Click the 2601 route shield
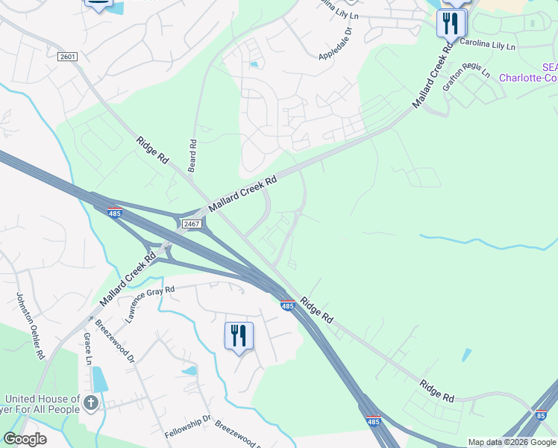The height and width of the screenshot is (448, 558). [67, 57]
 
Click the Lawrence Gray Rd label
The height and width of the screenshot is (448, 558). [150, 303]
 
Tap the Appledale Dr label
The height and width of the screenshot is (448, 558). [334, 46]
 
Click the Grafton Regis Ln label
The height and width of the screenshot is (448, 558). [466, 80]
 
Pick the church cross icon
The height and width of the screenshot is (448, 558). [91, 404]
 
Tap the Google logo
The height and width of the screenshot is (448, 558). [25, 439]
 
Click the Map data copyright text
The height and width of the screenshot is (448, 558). [512, 443]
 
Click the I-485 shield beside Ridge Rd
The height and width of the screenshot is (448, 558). [287, 305]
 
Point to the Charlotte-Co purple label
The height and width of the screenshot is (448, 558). [528, 77]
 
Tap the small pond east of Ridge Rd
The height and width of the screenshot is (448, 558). [466, 355]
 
